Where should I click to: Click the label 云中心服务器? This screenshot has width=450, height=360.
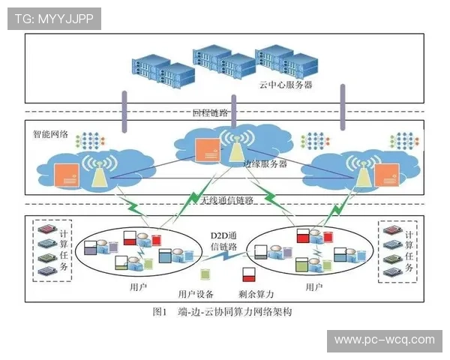286,85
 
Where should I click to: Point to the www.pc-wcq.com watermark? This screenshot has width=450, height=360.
384,340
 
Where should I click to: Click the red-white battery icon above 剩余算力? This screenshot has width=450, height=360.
247,274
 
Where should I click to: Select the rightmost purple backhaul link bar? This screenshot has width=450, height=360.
343,106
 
